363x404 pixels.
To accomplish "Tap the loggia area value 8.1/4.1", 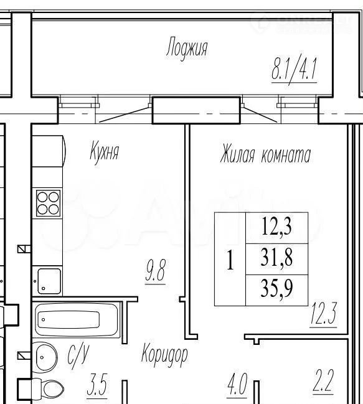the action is (295, 70).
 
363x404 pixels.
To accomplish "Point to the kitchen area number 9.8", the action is (156, 271).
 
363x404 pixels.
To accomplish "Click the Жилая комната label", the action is (266, 155).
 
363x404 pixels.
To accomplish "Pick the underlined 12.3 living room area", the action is (324, 314).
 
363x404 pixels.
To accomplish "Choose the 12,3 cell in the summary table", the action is (277, 228).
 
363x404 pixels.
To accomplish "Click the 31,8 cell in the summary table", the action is (277, 259).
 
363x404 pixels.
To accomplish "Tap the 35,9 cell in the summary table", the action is (277, 290).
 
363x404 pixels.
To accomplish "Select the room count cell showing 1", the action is (230, 259).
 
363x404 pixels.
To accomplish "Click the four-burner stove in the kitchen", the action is (48, 203).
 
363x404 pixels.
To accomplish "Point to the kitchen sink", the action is (49, 281).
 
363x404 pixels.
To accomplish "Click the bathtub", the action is (76, 320).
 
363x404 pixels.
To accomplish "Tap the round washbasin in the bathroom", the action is (45, 357).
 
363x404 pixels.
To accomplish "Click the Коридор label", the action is (164, 354).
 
